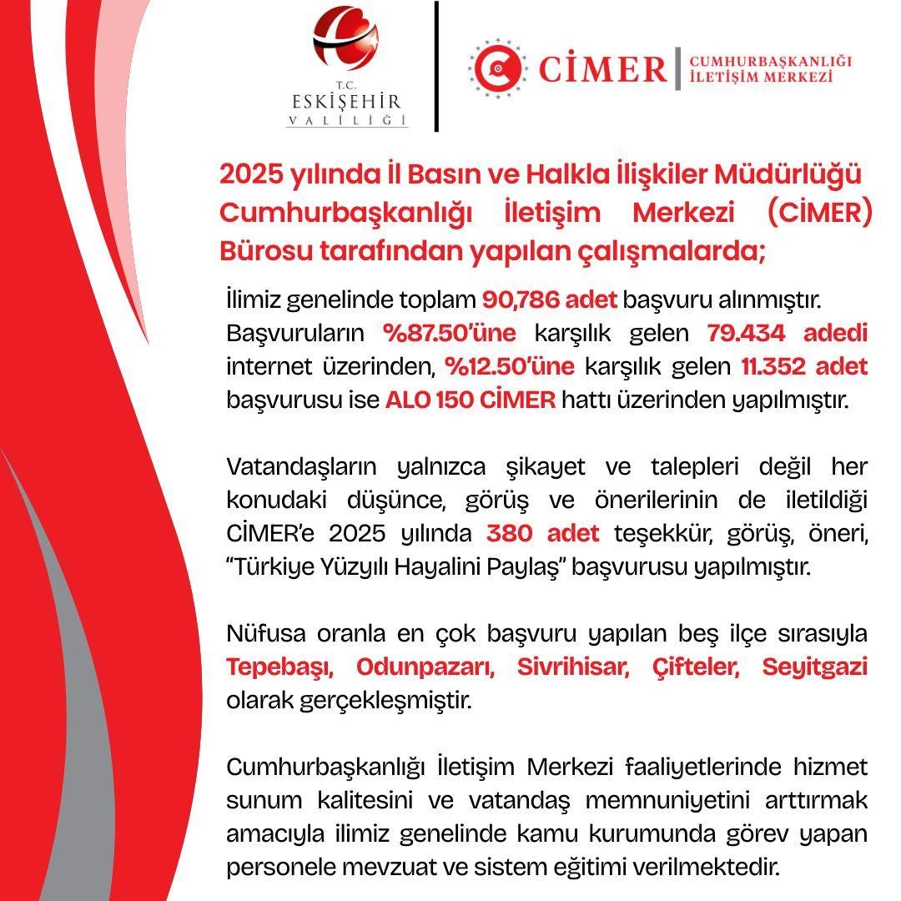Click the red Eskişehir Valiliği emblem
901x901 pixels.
click(345, 42)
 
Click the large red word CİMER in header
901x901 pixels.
click(602, 68)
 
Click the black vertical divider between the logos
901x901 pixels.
click(436, 67)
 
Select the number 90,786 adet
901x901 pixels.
click(549, 299)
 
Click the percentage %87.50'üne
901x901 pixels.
click(450, 333)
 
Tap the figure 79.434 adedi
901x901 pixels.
click(787, 333)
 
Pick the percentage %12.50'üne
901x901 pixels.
click(509, 366)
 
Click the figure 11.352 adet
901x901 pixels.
click(803, 366)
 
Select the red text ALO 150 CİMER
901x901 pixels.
click(470, 400)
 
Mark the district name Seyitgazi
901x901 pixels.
click(814, 667)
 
